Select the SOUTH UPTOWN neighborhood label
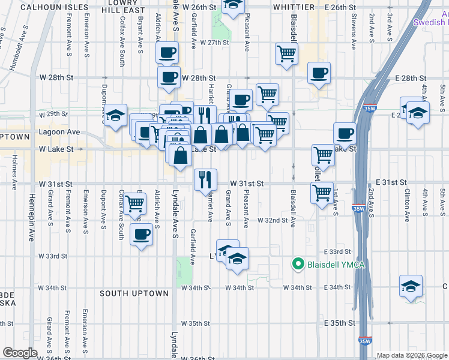tap(134, 293)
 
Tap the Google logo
tap(20, 353)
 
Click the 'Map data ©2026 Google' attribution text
tap(412, 355)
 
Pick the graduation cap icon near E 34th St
tap(411, 286)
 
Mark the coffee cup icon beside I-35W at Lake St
tap(345, 134)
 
